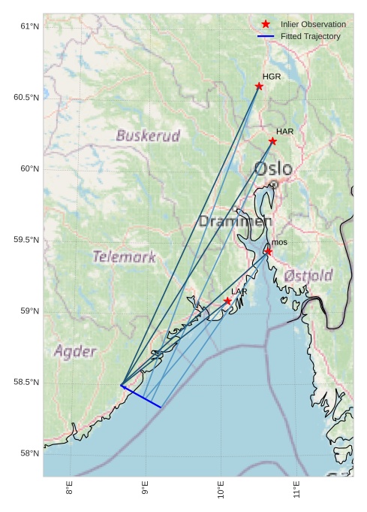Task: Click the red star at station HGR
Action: [x=259, y=86]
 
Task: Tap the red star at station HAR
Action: [x=272, y=141]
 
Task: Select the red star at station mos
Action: [x=268, y=251]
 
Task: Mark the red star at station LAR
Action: [x=227, y=301]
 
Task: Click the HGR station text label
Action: [x=272, y=77]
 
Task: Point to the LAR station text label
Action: [x=239, y=292]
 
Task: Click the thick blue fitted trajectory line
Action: [x=141, y=396]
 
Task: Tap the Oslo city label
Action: [x=272, y=169]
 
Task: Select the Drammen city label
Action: [x=235, y=222]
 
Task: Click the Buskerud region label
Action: [x=148, y=136]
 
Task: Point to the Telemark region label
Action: [x=124, y=257]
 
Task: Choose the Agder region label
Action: [x=75, y=352]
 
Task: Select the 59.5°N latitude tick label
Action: [x=26, y=241]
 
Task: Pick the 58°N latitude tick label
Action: [x=29, y=454]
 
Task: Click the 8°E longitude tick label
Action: [x=69, y=489]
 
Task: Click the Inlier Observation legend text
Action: [x=313, y=25]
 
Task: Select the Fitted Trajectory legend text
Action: [x=310, y=36]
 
